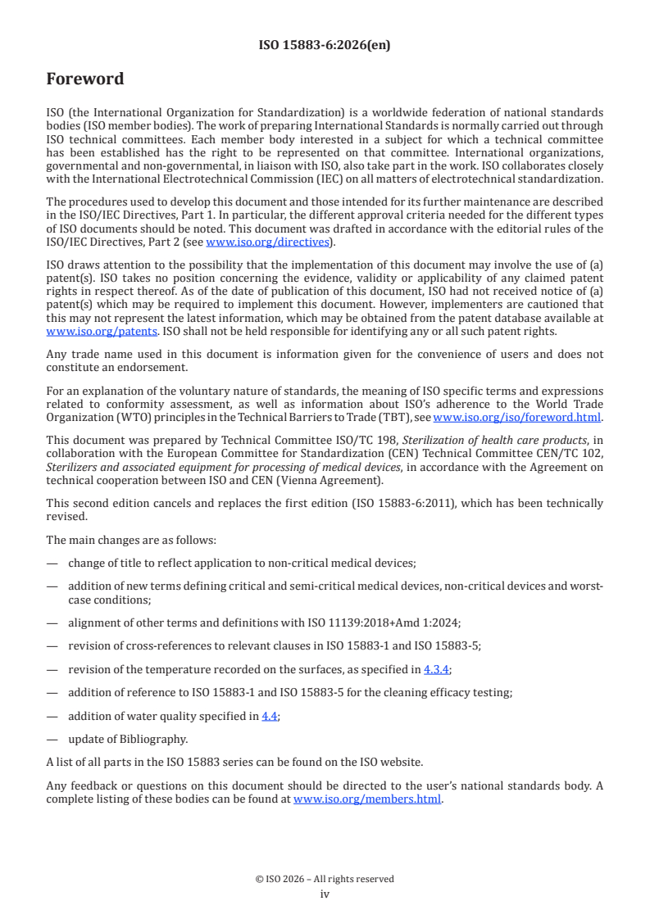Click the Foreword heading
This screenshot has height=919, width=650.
pyautogui.click(x=85, y=79)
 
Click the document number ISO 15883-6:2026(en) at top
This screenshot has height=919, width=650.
pyautogui.click(x=325, y=46)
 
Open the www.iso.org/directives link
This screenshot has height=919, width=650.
pyautogui.click(x=266, y=242)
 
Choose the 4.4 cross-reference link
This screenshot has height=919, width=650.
pyautogui.click(x=270, y=716)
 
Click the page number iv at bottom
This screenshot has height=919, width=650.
pyautogui.click(x=325, y=894)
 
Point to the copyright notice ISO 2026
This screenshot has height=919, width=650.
pyautogui.click(x=325, y=879)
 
